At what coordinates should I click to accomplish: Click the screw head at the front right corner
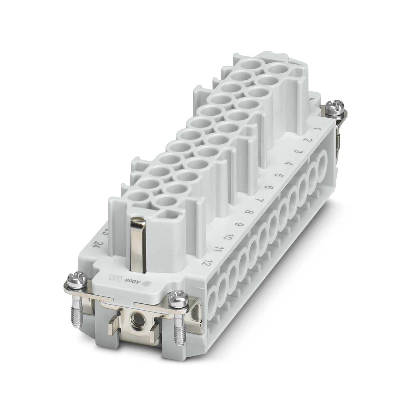click(x=176, y=297)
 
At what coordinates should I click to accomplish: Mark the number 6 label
click(x=269, y=187)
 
